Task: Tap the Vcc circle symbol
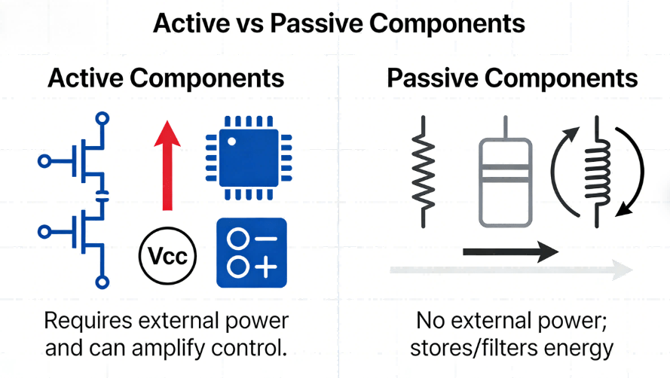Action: point(167,258)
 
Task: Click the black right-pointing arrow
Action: point(509,251)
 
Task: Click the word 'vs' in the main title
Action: point(246,23)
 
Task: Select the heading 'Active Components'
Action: point(166,79)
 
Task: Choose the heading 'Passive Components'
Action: point(512,79)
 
